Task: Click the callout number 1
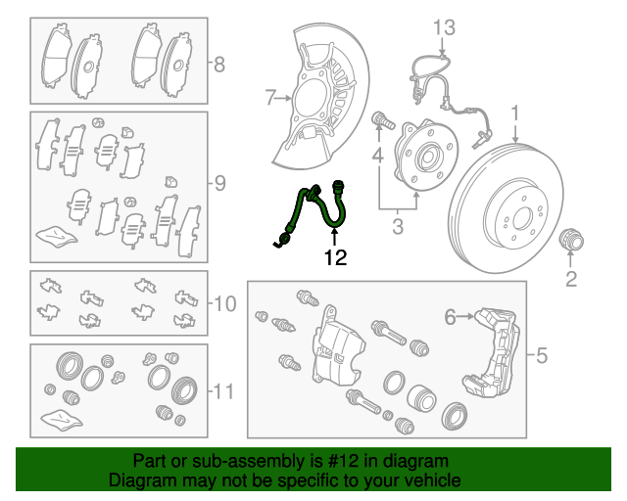[x=513, y=116]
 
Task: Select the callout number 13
[x=445, y=27]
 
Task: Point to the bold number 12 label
[x=335, y=258]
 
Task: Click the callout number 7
[x=271, y=97]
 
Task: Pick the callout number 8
[x=219, y=66]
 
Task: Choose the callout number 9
[x=219, y=182]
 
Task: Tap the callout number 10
[x=224, y=303]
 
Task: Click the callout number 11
[x=223, y=392]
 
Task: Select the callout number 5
[x=541, y=355]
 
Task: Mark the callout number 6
[x=451, y=316]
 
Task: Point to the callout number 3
[x=397, y=229]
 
